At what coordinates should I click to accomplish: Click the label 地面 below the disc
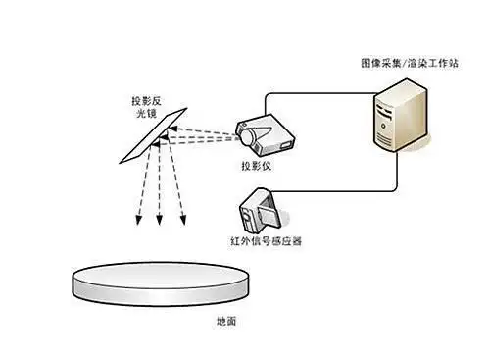(x=226, y=321)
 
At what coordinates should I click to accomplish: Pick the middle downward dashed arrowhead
(x=160, y=227)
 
